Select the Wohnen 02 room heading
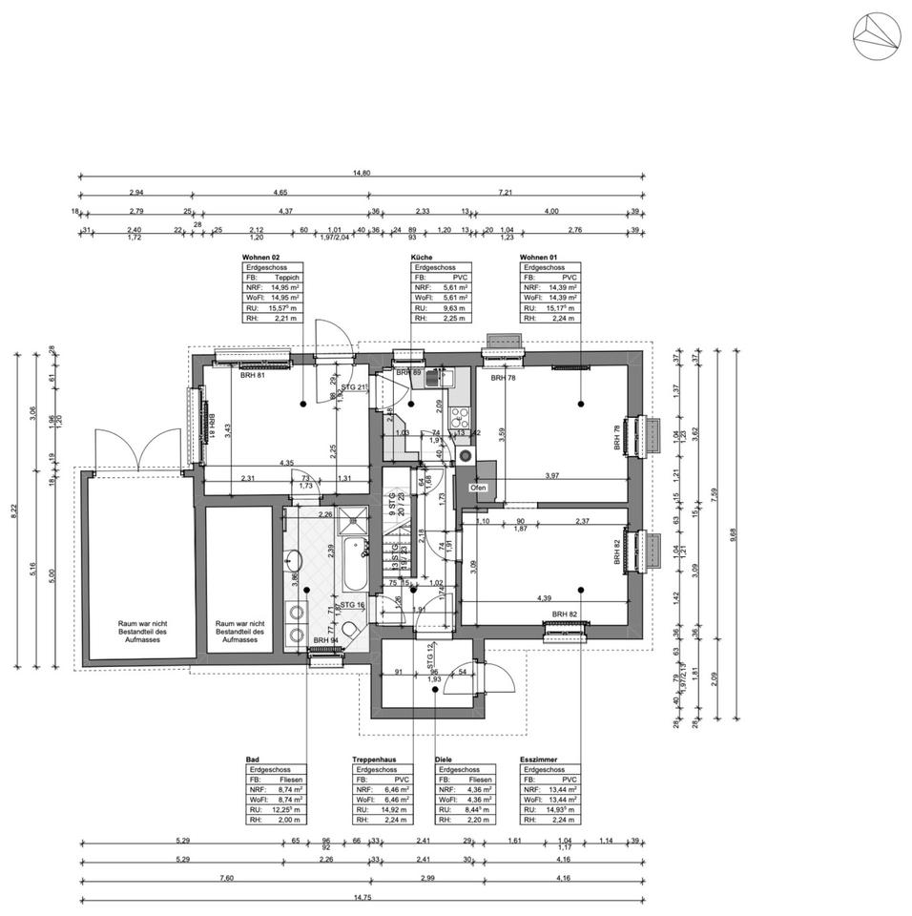pos(262,258)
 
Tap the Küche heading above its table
pos(422,258)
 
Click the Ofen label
pos(479,488)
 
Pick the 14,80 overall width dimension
pos(362,173)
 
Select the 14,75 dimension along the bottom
pos(362,898)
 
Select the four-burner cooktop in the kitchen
pos(458,416)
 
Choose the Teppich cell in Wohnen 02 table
pos(286,277)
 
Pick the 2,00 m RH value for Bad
pos(290,820)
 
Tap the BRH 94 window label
pos(326,640)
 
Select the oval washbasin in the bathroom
pos(293,559)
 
